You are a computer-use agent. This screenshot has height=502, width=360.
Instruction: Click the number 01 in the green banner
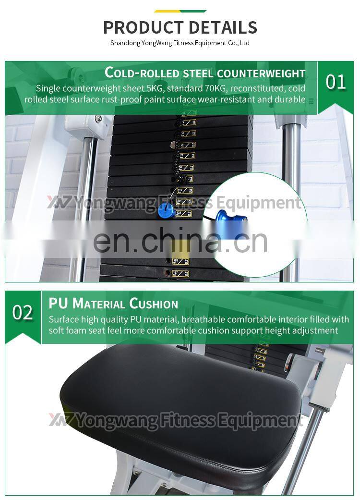point(336,82)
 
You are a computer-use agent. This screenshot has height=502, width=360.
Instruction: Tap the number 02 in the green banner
point(23,313)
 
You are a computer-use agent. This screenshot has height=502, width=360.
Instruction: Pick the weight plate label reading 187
point(180,273)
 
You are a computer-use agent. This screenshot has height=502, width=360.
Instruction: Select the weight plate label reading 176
point(180,261)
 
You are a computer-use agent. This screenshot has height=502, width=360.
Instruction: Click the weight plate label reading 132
point(183,214)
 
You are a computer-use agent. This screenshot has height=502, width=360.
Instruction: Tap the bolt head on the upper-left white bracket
point(98,119)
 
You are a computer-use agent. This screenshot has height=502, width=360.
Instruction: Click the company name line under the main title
point(180,43)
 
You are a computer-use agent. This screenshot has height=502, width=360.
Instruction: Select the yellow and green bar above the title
point(180,11)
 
